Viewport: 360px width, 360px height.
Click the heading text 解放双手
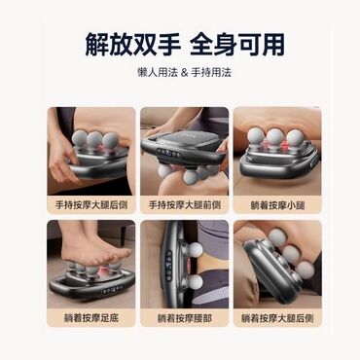click(x=132, y=44)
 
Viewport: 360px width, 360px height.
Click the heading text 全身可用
click(x=237, y=44)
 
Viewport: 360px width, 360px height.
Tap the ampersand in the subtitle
click(x=184, y=72)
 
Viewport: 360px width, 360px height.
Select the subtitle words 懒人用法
click(x=158, y=72)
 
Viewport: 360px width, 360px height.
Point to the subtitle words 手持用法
click(x=211, y=72)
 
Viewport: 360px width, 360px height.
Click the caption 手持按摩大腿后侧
click(x=91, y=205)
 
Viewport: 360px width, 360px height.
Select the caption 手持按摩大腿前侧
click(x=185, y=205)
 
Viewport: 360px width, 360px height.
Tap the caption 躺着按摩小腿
click(x=277, y=205)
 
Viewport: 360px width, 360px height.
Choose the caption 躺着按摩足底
click(x=91, y=318)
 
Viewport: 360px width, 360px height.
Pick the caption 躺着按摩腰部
click(x=185, y=318)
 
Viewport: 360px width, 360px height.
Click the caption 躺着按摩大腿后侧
click(x=277, y=318)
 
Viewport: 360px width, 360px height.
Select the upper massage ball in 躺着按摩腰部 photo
click(x=196, y=249)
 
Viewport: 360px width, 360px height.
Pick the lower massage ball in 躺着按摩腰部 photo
click(x=196, y=282)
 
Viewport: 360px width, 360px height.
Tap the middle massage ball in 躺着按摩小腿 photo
click(x=275, y=137)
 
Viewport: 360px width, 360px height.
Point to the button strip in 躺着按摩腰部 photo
click(x=168, y=265)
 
